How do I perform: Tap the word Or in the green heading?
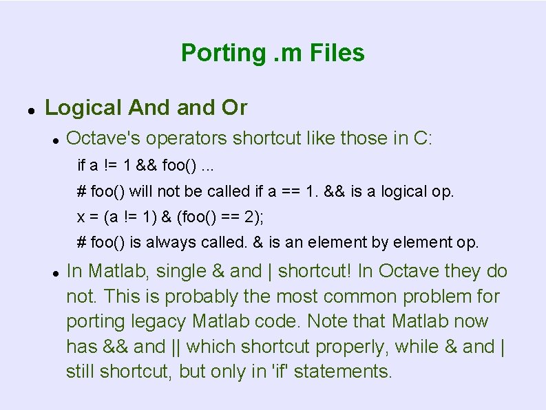click(x=234, y=108)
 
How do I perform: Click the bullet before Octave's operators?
click(x=54, y=140)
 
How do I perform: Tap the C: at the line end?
click(x=423, y=138)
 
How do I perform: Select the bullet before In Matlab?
click(x=54, y=273)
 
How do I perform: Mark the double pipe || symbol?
click(x=175, y=347)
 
